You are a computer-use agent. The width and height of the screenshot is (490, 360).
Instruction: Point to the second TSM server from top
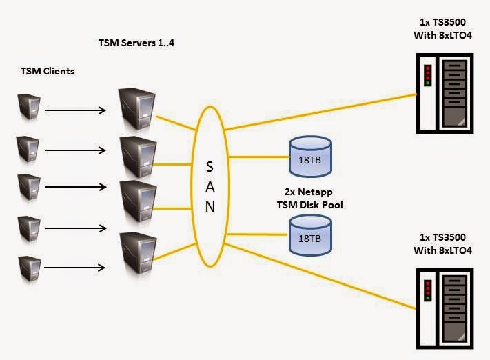[134, 157]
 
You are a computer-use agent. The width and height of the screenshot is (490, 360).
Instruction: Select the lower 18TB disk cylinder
[309, 234]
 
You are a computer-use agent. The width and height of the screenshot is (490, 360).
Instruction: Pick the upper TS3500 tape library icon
[445, 94]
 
